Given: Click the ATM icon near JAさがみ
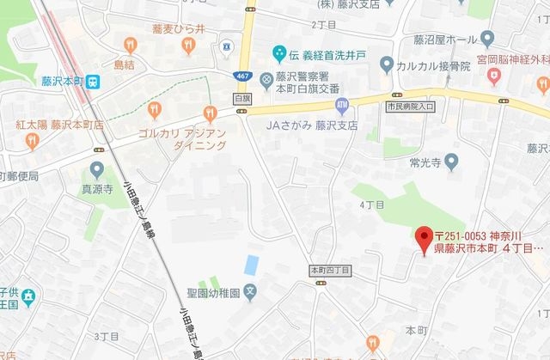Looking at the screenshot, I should click(x=342, y=106).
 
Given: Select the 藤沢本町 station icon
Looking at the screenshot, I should click(x=94, y=82).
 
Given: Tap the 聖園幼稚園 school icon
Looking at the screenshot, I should click(x=248, y=290).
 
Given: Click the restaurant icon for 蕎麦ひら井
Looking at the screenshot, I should click(x=130, y=43).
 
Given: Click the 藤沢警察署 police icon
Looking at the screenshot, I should click(x=266, y=80).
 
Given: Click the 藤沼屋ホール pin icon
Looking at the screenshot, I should click(x=488, y=39).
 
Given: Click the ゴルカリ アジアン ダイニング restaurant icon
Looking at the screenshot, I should click(x=209, y=113).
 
